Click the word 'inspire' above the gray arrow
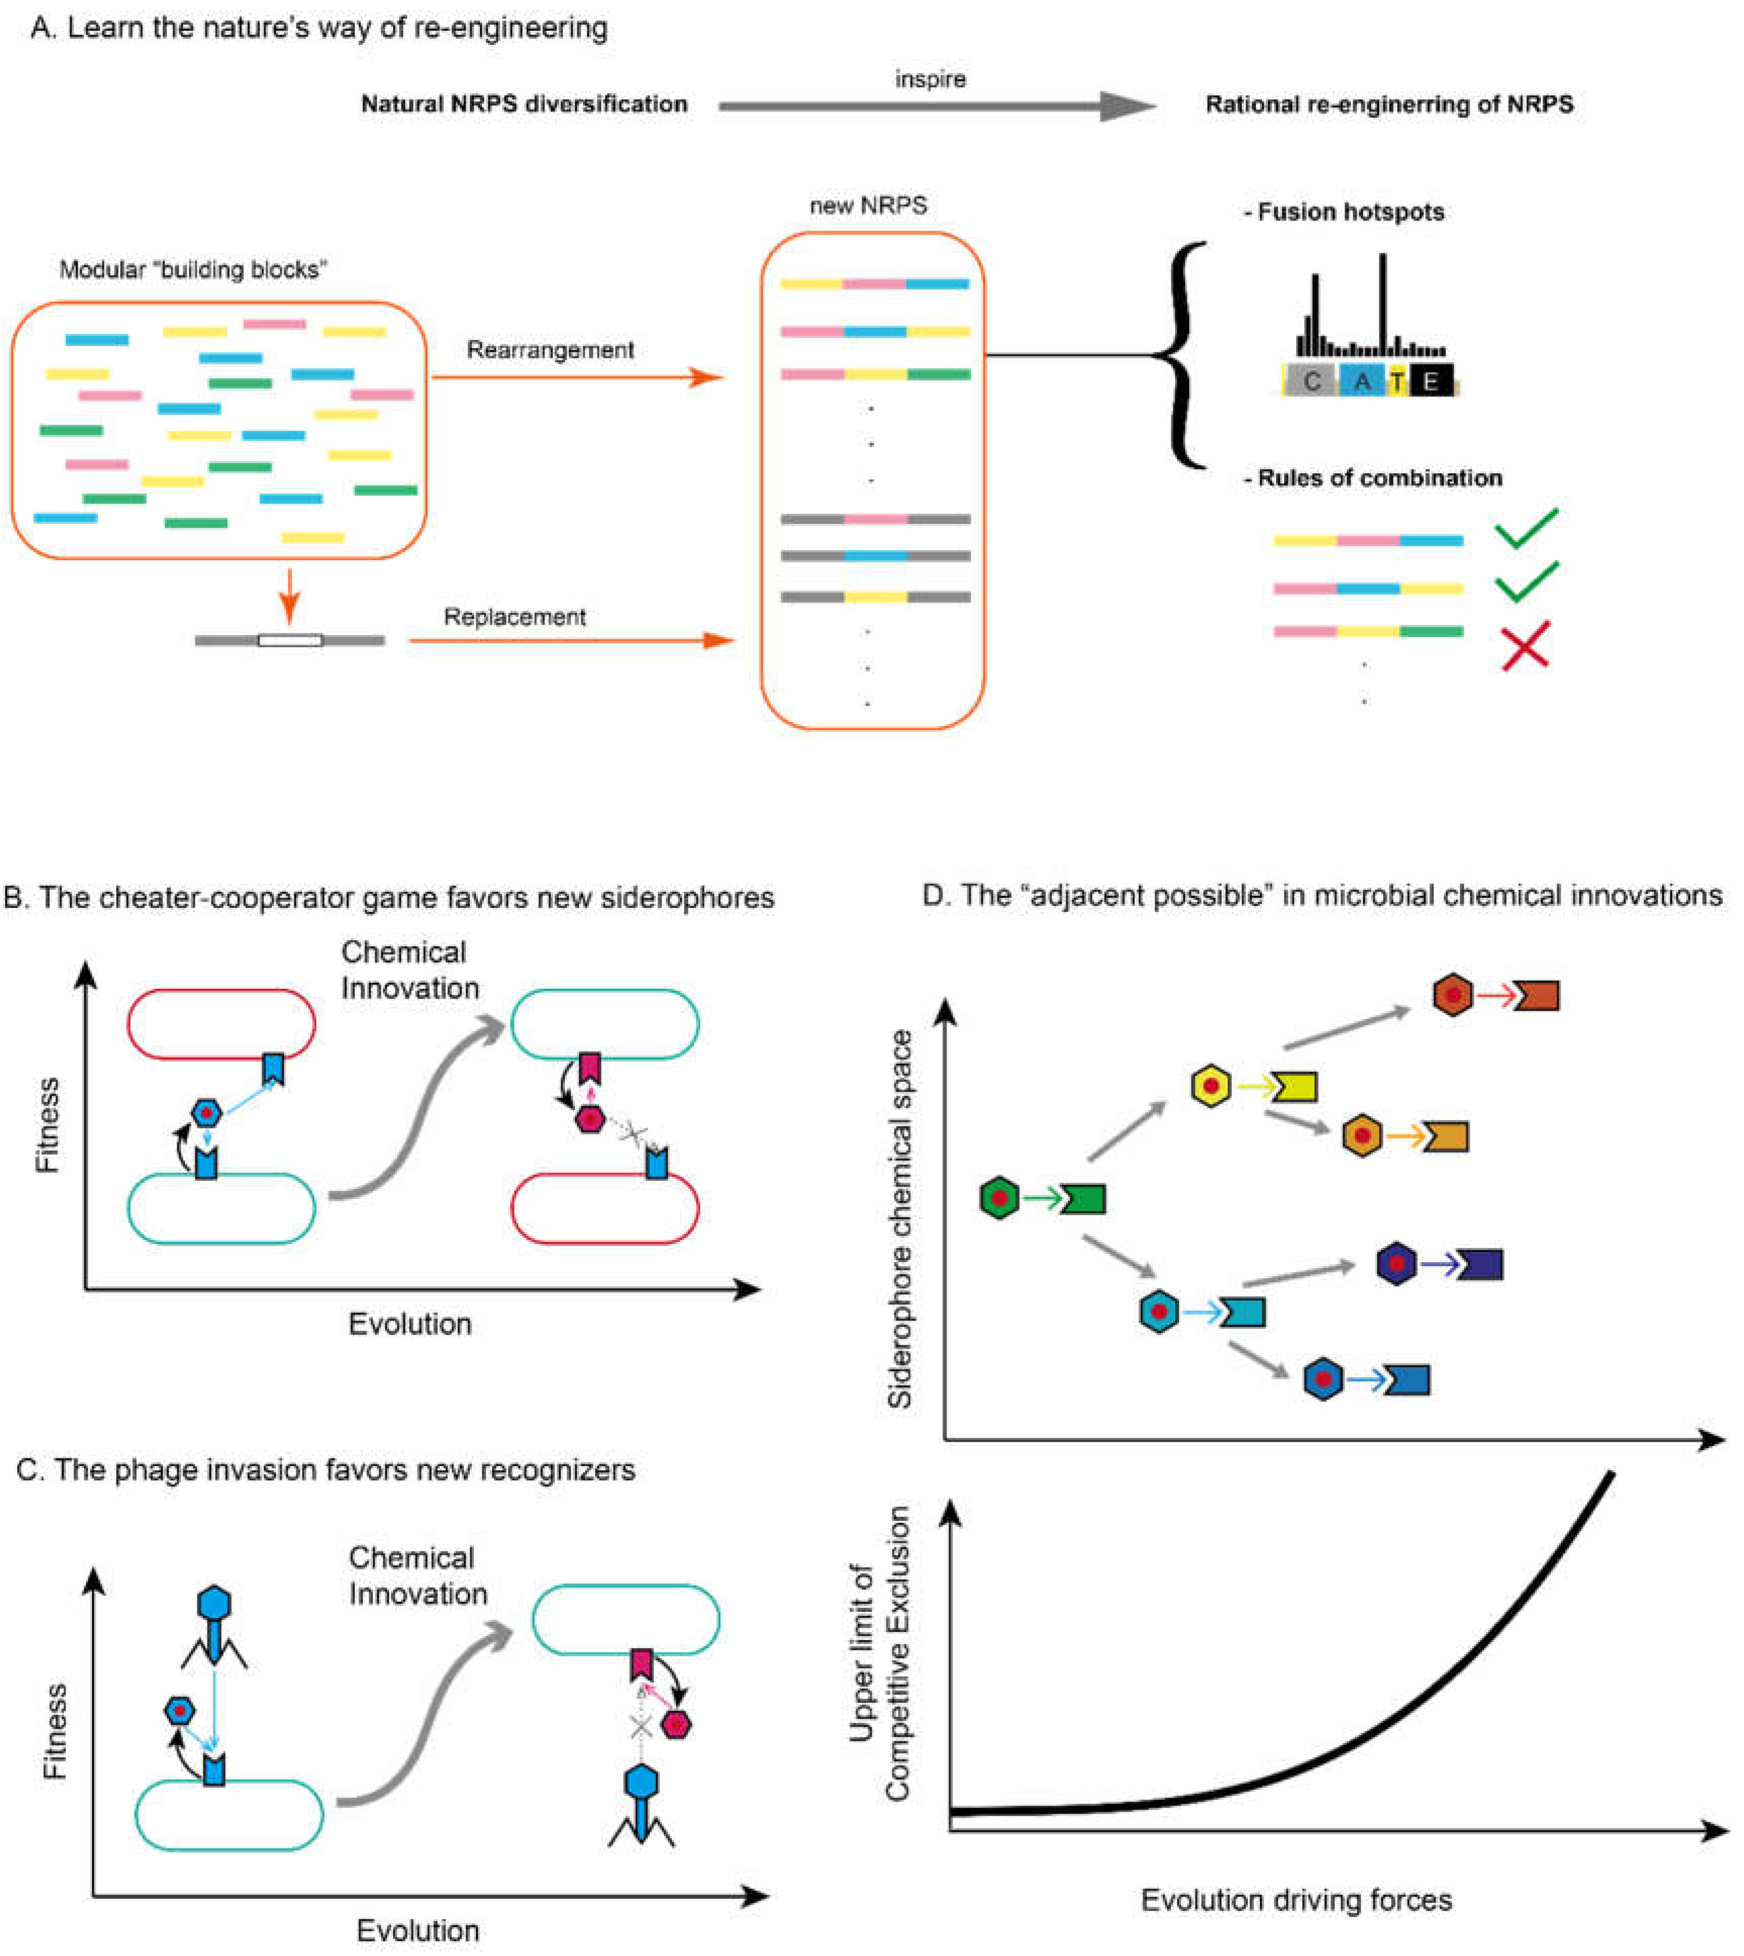[x=929, y=79]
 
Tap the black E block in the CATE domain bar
[x=1431, y=381]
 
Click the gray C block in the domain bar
[x=1311, y=381]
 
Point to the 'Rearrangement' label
[x=550, y=350]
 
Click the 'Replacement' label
[x=514, y=617]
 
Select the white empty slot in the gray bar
[x=290, y=640]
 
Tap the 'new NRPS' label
[x=868, y=205]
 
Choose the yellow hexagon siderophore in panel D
[x=1211, y=1086]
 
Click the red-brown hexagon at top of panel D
[x=1453, y=995]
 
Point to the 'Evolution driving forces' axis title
[x=1296, y=1899]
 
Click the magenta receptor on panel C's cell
[x=641, y=1664]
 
